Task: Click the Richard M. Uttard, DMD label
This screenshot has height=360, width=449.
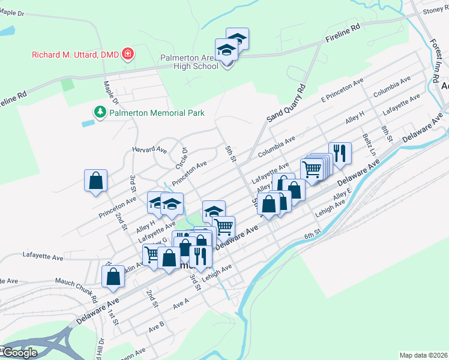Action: point(75,55)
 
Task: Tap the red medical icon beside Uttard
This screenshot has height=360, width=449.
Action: point(127,55)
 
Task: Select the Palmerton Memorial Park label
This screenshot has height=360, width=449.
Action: point(155,113)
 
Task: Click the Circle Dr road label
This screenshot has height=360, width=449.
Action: point(181,158)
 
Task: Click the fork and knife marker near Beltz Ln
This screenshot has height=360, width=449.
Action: point(339,153)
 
